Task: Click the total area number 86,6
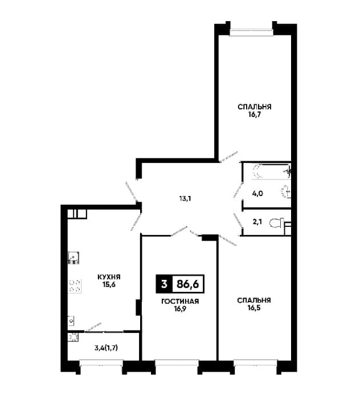pos(187,284)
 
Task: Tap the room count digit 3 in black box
pos(164,284)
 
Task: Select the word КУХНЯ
pos(109,277)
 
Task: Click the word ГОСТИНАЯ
pos(180,302)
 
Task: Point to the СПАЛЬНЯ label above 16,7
pos(255,107)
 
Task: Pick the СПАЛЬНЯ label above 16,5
pos(254,300)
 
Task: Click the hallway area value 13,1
pos(185,198)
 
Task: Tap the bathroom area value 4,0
pos(257,194)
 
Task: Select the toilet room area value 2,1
pos(257,222)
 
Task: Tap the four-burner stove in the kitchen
pos(75,286)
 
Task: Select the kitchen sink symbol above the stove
pos(73,258)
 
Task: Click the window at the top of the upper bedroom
pos(251,32)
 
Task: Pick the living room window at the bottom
pos(177,363)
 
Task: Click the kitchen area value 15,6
pos(109,284)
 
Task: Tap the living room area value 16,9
pos(180,309)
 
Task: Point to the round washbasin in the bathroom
pos(286,192)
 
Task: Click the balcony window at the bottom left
pos(101,363)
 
